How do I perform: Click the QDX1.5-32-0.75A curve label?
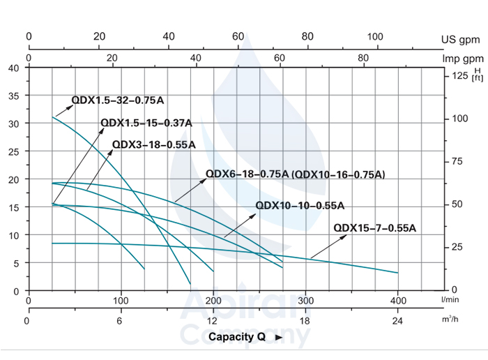(118, 100)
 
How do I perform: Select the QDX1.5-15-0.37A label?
(146, 123)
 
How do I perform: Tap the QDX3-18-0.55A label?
(153, 144)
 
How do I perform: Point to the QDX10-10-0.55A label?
(300, 205)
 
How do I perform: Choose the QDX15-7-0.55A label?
(374, 227)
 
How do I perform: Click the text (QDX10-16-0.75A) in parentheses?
(338, 174)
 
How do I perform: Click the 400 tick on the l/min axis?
(398, 301)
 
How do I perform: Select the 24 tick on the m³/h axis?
(398, 321)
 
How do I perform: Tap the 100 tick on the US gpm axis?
(375, 37)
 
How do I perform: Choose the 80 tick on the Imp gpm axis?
(363, 58)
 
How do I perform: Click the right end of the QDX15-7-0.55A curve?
(397, 273)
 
